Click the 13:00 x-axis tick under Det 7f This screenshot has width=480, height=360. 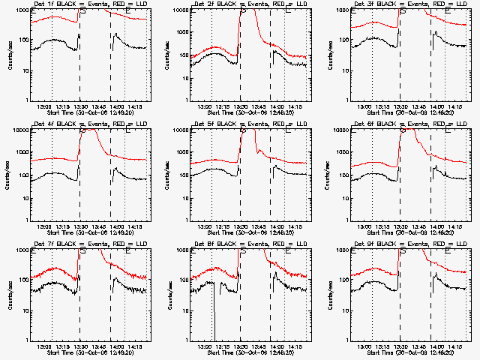[x=44, y=347]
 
